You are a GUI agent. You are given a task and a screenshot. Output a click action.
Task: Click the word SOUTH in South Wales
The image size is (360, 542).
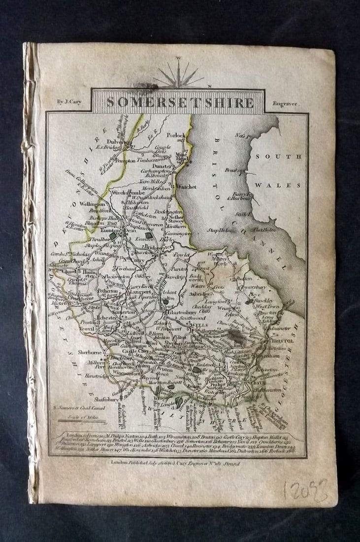pos(277,157)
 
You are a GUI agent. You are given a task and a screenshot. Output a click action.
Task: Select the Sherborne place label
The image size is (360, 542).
pos(91,353)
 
